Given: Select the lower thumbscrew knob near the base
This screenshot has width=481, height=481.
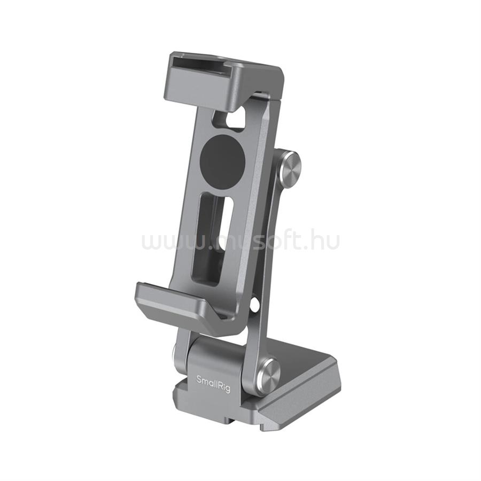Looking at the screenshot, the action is point(268,374).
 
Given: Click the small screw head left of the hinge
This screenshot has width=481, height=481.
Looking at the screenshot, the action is point(175,353).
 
